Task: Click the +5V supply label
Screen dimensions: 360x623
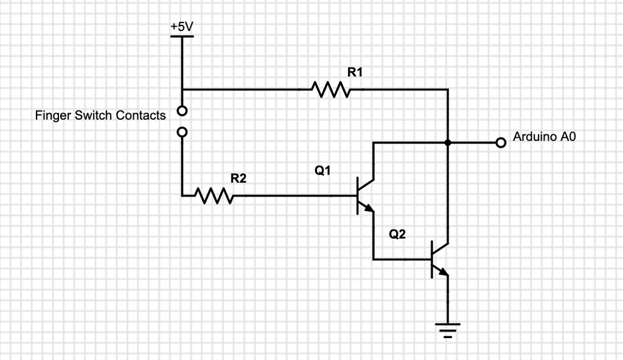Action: coord(182,27)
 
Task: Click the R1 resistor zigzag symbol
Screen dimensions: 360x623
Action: coord(330,89)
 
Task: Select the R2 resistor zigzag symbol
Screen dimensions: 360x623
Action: coord(214,196)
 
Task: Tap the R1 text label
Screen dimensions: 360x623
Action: coord(355,72)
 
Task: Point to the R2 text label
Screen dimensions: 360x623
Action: coord(238,178)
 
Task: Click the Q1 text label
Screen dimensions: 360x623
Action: coord(322,171)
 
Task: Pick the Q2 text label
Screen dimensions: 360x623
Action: coord(397,235)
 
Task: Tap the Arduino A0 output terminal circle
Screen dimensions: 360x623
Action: coord(501,143)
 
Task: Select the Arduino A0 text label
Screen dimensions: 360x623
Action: coord(544,137)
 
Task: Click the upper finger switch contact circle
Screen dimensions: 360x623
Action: coord(182,111)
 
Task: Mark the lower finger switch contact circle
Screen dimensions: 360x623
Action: coord(182,131)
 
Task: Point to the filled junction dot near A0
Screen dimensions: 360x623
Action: coord(448,143)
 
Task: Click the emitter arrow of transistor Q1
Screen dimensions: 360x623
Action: coord(368,209)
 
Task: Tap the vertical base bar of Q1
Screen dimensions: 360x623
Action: coord(358,196)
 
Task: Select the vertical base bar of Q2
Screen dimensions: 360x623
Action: coord(433,259)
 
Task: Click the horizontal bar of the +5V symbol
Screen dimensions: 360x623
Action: coord(182,36)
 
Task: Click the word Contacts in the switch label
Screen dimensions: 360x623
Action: coord(141,115)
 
